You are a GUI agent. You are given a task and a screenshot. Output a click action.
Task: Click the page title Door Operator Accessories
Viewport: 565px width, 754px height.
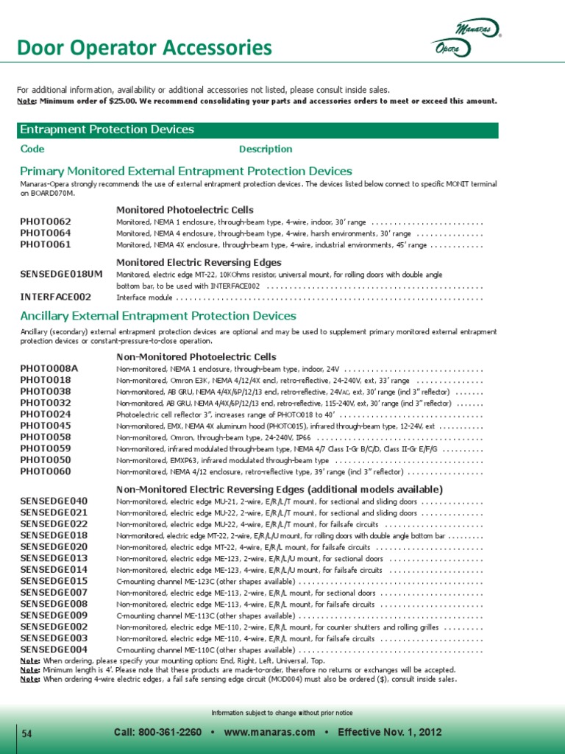tap(144, 49)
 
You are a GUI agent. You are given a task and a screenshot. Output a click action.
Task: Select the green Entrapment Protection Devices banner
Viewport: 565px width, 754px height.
tap(257, 130)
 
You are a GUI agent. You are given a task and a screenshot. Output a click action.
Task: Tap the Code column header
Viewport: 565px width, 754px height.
tap(32, 149)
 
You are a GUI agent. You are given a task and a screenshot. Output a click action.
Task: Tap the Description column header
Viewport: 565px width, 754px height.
tap(266, 149)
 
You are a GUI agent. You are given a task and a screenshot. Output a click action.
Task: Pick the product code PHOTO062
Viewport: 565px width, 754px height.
tap(46, 222)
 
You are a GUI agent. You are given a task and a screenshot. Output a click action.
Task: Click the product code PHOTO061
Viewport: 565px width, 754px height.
tap(46, 244)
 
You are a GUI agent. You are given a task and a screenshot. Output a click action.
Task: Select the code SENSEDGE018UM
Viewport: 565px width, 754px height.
tap(61, 275)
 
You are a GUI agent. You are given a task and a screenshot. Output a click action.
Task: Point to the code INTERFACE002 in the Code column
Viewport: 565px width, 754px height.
tap(56, 297)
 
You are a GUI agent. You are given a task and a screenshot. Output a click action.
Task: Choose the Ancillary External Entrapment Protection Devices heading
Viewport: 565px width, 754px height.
tap(158, 316)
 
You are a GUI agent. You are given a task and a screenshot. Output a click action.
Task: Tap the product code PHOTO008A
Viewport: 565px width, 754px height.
tap(49, 368)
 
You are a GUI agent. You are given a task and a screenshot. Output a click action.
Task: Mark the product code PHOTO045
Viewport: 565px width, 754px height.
tap(46, 426)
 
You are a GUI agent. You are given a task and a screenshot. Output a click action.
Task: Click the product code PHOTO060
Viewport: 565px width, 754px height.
tap(46, 471)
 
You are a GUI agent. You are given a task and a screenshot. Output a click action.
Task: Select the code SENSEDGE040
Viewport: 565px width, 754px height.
tap(54, 501)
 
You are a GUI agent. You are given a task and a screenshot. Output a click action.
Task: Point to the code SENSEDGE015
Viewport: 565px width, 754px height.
tap(54, 581)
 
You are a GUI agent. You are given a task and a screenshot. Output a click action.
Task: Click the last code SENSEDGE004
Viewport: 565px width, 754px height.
tap(54, 650)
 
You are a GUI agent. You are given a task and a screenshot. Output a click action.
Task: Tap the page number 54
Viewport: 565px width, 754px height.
tap(27, 734)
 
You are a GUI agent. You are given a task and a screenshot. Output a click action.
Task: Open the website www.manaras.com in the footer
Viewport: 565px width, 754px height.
tap(269, 733)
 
